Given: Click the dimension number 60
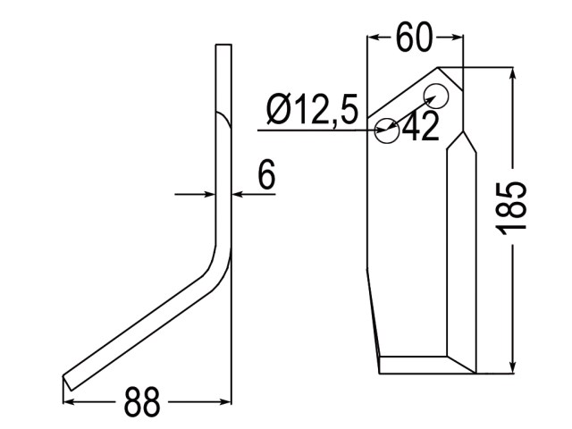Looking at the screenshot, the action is pos(414,37).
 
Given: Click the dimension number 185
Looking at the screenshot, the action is pos(511,207).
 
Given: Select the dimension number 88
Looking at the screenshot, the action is pos(142,402).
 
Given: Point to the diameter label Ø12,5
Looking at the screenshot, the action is pos(312,109).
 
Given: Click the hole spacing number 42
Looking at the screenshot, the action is pos(421,126).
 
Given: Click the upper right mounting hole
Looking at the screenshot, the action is pos(436,96).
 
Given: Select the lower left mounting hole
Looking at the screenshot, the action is pos(387,130).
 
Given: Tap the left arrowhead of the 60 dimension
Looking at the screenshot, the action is pos(374,37).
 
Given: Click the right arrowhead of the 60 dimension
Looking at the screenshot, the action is pos(457,37).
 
